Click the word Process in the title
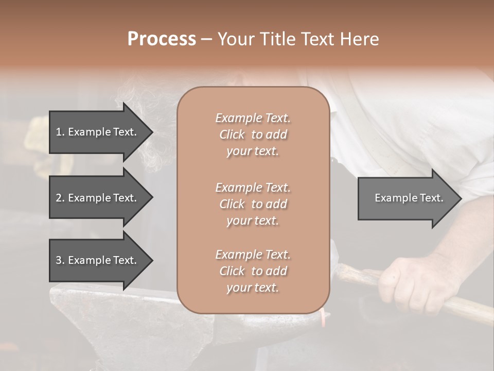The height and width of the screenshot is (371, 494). tap(162, 39)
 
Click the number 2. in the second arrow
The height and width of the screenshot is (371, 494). tap(60, 198)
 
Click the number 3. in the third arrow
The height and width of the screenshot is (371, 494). tap(60, 260)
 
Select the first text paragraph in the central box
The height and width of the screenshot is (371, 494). tap(253, 134)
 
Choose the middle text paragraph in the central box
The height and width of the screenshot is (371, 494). tap(253, 204)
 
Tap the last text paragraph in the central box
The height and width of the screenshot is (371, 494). tap(253, 271)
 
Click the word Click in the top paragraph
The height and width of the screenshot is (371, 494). tap(232, 134)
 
